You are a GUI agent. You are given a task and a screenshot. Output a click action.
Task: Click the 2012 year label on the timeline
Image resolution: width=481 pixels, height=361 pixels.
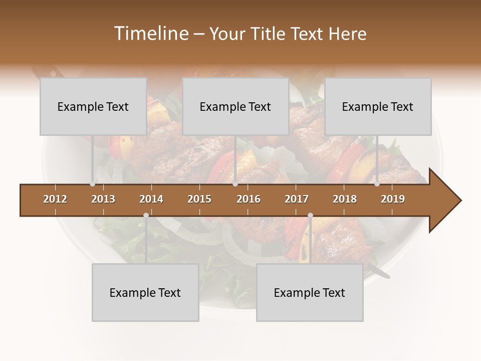coord(55,199)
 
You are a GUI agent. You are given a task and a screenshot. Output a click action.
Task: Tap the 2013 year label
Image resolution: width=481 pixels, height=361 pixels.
coord(103,199)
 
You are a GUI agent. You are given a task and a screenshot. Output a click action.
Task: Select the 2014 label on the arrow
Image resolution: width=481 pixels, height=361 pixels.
coord(151,199)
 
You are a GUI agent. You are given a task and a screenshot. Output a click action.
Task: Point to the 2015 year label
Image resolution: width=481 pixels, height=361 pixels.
coord(199,199)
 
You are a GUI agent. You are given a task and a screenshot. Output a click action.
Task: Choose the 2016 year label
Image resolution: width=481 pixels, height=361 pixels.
coord(249,199)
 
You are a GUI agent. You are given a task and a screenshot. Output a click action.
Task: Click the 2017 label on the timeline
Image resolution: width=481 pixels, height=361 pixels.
coord(297,199)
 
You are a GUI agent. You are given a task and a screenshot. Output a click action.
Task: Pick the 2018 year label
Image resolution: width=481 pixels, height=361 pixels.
coord(345,199)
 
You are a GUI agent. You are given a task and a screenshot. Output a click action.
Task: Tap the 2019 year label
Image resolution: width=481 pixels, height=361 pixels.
coord(393,199)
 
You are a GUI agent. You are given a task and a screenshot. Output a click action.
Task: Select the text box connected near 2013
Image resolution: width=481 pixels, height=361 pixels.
coord(93,106)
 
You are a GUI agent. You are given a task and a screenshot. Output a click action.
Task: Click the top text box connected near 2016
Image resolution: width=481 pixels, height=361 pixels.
coord(235,106)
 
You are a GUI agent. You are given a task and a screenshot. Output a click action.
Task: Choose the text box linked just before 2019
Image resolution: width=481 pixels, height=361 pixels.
coord(378,106)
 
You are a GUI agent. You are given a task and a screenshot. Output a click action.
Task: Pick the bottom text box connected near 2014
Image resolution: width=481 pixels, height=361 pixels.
coord(145,292)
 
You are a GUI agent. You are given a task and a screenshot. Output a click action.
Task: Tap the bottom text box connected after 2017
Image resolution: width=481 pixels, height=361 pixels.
coord(310,292)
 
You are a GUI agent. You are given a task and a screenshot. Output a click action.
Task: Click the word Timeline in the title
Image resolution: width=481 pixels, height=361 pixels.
coord(150,34)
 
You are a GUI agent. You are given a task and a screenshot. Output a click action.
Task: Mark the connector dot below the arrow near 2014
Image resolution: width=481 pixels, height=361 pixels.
coord(146,215)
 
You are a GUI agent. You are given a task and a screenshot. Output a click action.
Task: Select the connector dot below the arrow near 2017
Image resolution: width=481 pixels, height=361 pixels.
coord(310,215)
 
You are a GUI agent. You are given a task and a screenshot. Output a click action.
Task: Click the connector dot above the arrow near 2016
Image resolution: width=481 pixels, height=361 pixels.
coord(235,184)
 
